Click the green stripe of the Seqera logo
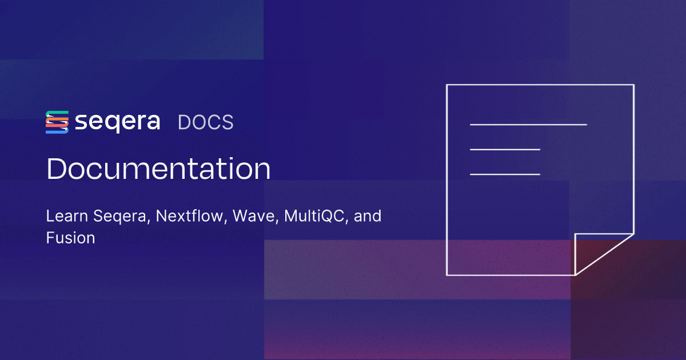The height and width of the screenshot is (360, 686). [x=57, y=113]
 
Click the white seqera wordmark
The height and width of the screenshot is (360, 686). [x=117, y=123]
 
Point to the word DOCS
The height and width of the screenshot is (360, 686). [x=205, y=123]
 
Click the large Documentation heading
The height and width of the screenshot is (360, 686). [x=158, y=170]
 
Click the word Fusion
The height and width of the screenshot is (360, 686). [x=70, y=238]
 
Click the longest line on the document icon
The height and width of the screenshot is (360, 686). [x=528, y=124]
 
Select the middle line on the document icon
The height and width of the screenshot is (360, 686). [x=505, y=149]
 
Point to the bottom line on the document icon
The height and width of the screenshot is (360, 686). [x=505, y=174]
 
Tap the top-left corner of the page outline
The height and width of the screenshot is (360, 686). [x=447, y=85]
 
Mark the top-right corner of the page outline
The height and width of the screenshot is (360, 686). [x=633, y=85]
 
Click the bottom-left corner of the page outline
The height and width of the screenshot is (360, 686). [x=447, y=275]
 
